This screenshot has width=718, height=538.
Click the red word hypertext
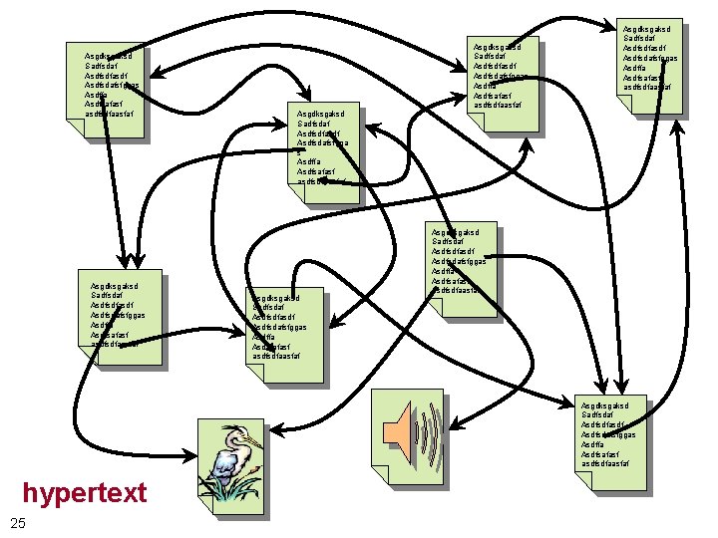click(x=85, y=492)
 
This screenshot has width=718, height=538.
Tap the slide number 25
click(x=17, y=525)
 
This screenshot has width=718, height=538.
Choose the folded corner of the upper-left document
click(x=73, y=131)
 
